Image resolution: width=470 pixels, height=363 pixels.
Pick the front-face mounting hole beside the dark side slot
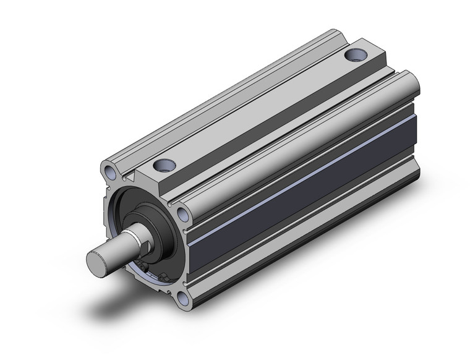click(183, 214)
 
